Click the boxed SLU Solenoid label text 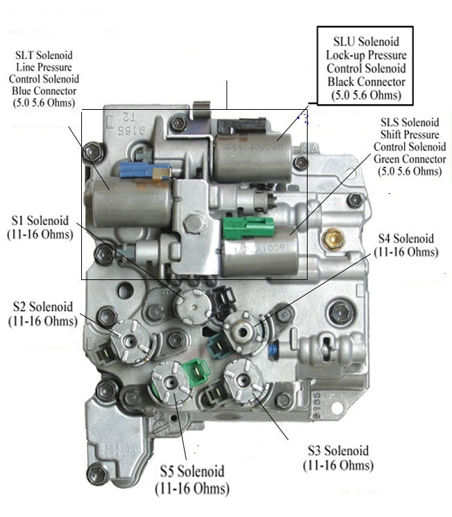pos(365,63)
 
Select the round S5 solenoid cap pos(169,381)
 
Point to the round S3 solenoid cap pos(245,379)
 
